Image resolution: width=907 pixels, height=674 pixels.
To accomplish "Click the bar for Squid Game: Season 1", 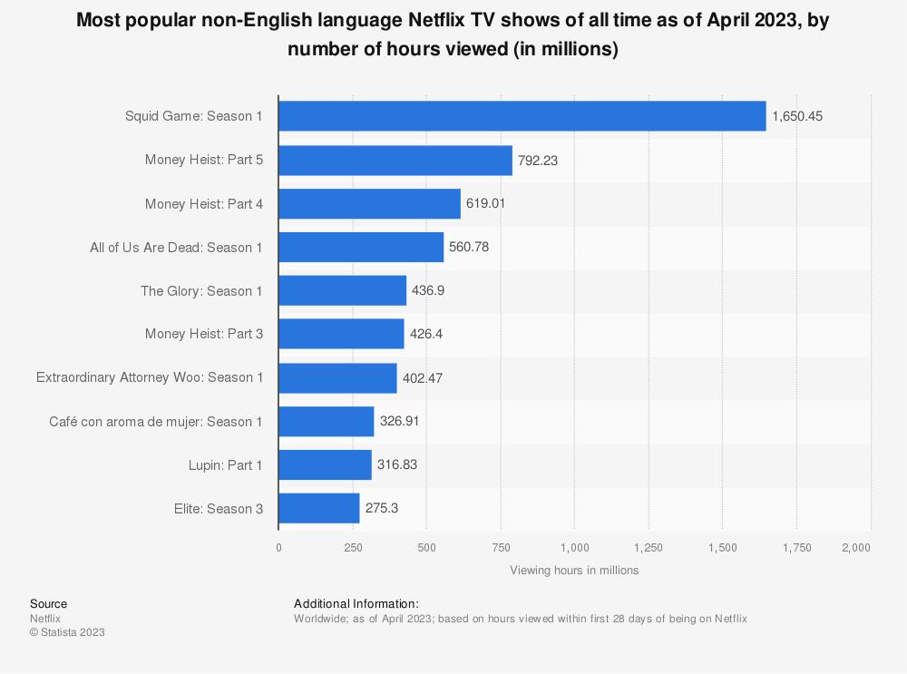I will click(522, 116).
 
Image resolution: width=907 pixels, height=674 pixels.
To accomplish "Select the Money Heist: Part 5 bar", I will click(395, 160).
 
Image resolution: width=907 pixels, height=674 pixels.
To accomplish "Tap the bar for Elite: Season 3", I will click(318, 508).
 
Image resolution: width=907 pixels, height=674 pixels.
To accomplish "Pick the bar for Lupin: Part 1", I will click(325, 464).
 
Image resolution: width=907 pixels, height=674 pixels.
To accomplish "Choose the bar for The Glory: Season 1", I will click(342, 290).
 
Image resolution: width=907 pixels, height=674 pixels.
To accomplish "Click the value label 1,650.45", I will click(797, 116).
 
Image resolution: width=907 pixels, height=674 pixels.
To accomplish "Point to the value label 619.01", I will click(485, 203).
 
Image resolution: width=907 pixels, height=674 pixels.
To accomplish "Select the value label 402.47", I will click(422, 377).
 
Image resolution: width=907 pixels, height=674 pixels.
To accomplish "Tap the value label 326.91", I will click(399, 421).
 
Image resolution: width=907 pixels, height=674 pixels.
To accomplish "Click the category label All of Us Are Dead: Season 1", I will click(177, 247).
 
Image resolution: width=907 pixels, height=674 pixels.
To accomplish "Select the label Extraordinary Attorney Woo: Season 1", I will click(150, 377).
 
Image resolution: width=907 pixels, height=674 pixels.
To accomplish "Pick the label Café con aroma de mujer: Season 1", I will click(156, 421).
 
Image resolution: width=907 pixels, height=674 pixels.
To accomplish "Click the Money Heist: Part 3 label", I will click(204, 334).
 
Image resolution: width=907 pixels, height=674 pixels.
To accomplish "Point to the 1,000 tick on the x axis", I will click(575, 547).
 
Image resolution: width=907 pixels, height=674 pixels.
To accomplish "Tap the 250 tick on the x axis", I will click(353, 547).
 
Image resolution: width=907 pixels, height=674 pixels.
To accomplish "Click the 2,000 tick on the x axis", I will click(855, 547).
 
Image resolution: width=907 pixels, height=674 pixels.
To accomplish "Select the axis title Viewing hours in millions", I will click(574, 571).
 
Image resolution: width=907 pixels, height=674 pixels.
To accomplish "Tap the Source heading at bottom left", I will click(48, 603).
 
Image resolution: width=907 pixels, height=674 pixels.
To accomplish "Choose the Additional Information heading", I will click(356, 603).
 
